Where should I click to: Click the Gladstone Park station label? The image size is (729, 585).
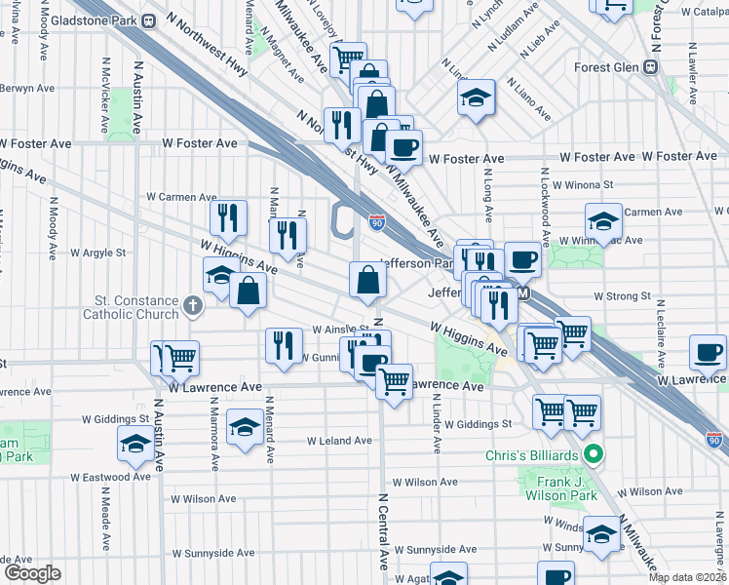[x=92, y=20]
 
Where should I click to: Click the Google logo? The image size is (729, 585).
[x=31, y=573]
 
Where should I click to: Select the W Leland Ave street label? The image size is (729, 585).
[x=339, y=441]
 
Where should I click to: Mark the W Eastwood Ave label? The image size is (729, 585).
[x=110, y=477]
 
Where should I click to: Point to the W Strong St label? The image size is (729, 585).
[x=622, y=295]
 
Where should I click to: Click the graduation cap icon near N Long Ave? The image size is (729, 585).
[x=475, y=97]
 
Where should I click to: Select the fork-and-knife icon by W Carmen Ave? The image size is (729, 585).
[x=228, y=217]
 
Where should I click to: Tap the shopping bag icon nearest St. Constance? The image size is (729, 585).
[x=249, y=290]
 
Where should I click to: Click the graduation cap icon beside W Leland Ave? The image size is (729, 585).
[x=244, y=426]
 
